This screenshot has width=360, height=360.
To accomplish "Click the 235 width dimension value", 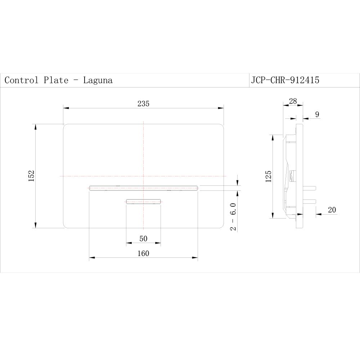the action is click(143, 104).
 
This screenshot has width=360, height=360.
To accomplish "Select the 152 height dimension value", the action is click(31, 176).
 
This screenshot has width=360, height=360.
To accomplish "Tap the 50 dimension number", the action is click(143, 239).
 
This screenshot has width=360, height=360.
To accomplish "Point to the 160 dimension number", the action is click(143, 253).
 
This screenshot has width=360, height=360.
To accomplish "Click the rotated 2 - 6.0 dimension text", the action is click(233, 217).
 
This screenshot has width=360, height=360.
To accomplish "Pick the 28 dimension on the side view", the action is click(293, 101).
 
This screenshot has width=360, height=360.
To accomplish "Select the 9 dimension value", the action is click(317, 114).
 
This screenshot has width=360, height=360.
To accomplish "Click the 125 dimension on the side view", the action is click(269, 176).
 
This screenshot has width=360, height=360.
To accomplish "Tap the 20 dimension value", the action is click(332, 210).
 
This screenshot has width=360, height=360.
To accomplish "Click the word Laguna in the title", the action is click(98, 80).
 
